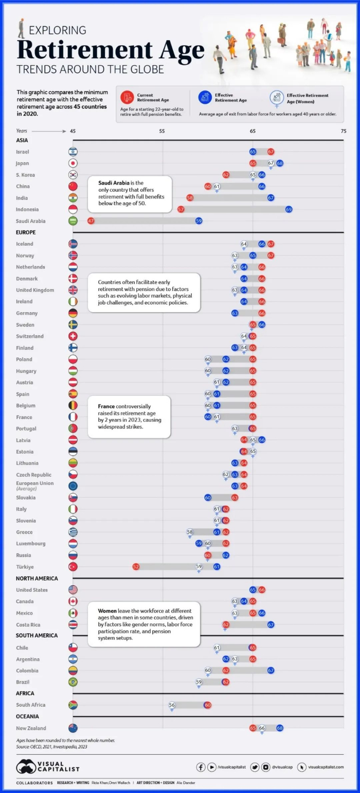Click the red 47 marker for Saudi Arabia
(x=91, y=221)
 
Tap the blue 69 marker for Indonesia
(x=289, y=209)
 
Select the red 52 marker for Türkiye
(x=136, y=566)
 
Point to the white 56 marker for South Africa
(x=172, y=705)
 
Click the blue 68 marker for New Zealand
(x=280, y=728)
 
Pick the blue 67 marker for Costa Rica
(x=271, y=624)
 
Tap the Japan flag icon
(x=73, y=163)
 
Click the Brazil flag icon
(x=73, y=682)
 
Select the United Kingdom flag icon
(x=73, y=290)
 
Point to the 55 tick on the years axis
(x=162, y=131)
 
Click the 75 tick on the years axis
(x=343, y=131)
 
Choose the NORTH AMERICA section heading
(x=37, y=579)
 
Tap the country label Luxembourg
(x=31, y=543)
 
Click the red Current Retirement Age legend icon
(x=127, y=97)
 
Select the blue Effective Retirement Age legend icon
(x=204, y=97)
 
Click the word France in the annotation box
(x=107, y=406)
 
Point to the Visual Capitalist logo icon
(x=26, y=767)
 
